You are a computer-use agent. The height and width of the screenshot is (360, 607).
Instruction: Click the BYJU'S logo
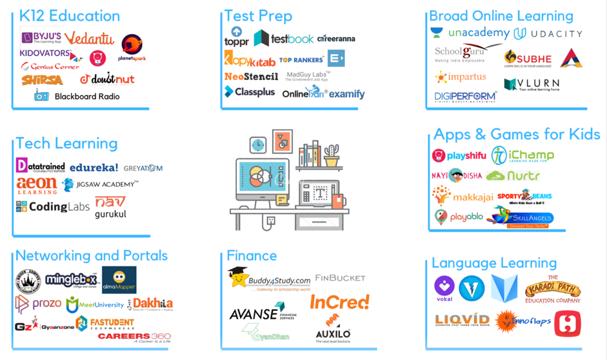tap(41, 38)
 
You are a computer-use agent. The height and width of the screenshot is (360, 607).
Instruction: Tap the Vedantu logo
tap(90, 39)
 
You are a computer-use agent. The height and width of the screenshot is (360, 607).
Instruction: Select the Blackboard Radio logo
tap(77, 96)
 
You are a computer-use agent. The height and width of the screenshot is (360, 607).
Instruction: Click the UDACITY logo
tap(548, 34)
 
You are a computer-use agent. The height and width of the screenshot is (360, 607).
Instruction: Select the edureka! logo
tap(94, 167)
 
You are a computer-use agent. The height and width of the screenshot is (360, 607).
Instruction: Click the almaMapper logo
tap(119, 279)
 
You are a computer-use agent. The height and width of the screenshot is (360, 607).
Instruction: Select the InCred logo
tap(339, 302)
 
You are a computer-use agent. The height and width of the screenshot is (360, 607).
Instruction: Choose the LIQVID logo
tap(461, 321)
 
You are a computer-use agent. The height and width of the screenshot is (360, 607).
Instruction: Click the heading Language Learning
tap(494, 263)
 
